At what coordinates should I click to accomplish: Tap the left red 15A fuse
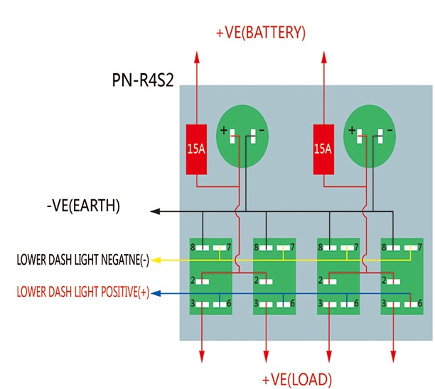(x=195, y=149)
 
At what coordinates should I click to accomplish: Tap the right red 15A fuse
(x=323, y=149)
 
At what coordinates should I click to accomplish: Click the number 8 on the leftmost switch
(x=192, y=247)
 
